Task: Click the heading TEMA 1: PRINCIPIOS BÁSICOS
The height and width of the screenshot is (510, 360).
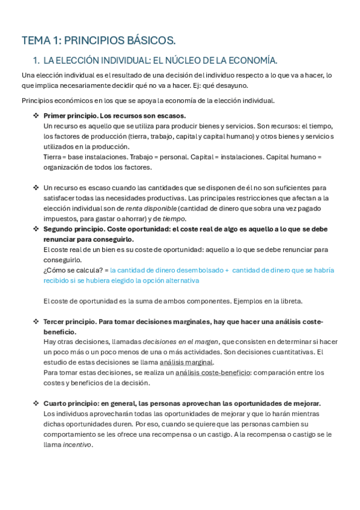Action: tap(99, 41)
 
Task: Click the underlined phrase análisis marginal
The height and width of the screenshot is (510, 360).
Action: tap(186, 362)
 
